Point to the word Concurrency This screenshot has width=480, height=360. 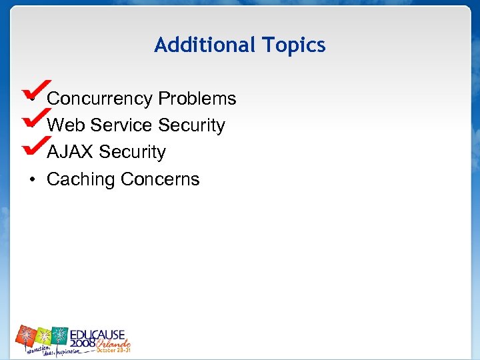100,99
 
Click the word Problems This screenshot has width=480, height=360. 197,99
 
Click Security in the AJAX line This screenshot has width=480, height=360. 133,152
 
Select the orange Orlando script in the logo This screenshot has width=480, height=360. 113,343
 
